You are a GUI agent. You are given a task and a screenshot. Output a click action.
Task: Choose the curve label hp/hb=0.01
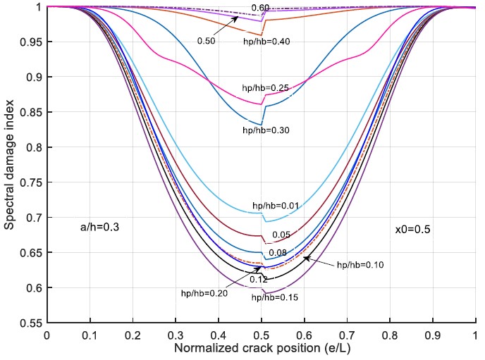coord(274,205)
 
